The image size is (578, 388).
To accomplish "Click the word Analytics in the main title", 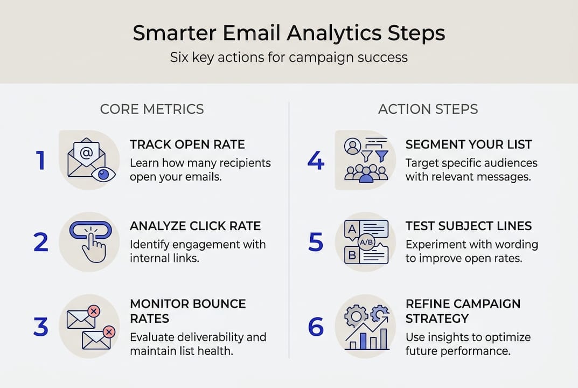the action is click(x=335, y=33).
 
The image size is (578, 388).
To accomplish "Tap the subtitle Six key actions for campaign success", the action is click(x=289, y=58).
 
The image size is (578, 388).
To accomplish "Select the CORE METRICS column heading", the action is click(x=152, y=109).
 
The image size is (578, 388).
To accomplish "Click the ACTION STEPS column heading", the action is click(x=428, y=109).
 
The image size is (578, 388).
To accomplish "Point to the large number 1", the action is click(x=41, y=161).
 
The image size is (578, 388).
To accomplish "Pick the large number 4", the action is click(x=316, y=161).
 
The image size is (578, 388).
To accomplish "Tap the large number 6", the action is click(x=316, y=327).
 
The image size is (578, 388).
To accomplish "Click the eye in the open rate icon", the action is click(x=103, y=174).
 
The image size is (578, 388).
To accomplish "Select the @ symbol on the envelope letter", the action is click(x=86, y=153).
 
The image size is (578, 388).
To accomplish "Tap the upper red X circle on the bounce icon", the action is click(x=94, y=311).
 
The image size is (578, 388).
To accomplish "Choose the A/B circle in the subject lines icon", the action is click(x=366, y=242).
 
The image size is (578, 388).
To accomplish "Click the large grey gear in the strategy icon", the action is click(x=356, y=316).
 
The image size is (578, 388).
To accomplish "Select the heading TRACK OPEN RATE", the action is click(x=187, y=144).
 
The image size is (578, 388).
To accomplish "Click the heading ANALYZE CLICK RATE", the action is click(x=196, y=226).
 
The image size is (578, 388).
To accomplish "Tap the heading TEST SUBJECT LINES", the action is click(x=469, y=226).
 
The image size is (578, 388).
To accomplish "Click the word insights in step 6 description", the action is click(x=454, y=337).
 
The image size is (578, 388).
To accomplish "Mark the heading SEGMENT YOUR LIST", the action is click(x=469, y=144).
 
